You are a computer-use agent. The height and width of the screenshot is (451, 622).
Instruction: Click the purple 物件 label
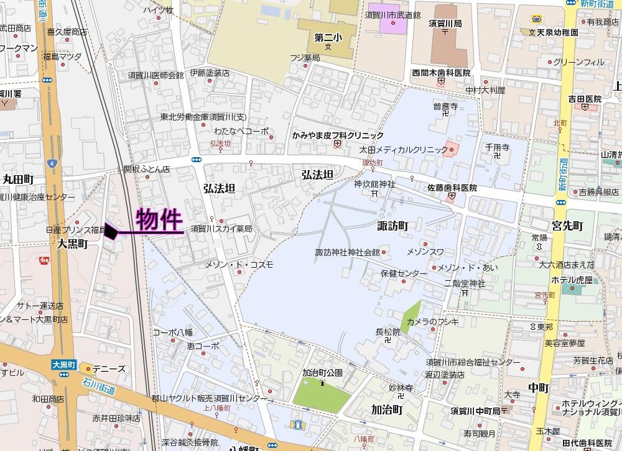pyautogui.click(x=159, y=220)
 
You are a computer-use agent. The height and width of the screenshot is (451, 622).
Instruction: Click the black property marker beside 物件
pyautogui.click(x=111, y=231)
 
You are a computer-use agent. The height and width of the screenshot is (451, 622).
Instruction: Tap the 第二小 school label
pyautogui.click(x=327, y=37)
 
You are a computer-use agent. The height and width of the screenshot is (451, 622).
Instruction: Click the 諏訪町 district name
pyautogui.click(x=392, y=225)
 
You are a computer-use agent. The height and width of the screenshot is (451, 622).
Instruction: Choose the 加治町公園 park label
pyautogui.click(x=322, y=373)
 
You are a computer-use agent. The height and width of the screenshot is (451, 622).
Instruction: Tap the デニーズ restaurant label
pyautogui.click(x=108, y=368)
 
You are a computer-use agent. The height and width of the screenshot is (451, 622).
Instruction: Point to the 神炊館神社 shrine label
pyautogui.click(x=374, y=184)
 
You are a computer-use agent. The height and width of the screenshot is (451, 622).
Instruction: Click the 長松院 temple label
pyautogui.click(x=388, y=332)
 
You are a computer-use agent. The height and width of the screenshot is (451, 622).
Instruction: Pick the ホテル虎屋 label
pyautogui.click(x=572, y=280)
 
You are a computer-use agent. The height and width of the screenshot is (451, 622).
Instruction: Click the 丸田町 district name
pyautogui.click(x=17, y=179)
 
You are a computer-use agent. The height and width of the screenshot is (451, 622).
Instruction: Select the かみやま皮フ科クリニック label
pyautogui.click(x=338, y=135)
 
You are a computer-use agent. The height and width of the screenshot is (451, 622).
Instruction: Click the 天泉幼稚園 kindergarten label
pyautogui.click(x=557, y=32)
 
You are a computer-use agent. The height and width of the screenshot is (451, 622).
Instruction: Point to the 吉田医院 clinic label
pyautogui.click(x=585, y=99)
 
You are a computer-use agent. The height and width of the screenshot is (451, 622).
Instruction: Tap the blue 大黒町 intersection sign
pyautogui.click(x=63, y=365)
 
